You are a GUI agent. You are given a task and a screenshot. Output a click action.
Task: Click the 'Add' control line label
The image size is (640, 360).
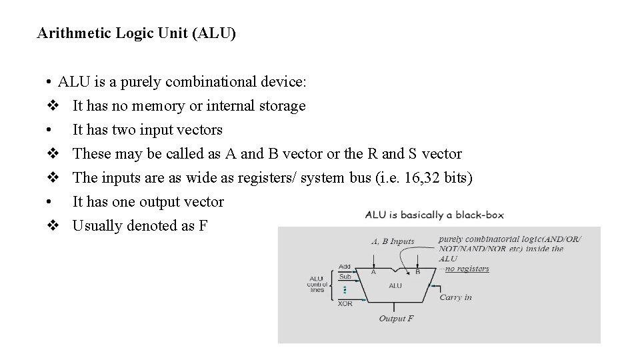[345, 267]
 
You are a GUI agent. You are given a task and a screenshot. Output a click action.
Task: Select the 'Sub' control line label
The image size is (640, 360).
[345, 277]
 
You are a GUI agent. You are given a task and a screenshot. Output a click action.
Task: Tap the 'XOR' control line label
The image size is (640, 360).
[345, 304]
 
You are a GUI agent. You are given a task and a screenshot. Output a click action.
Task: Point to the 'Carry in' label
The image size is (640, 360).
[455, 297]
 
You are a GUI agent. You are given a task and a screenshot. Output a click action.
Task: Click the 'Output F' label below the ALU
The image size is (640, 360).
[396, 319]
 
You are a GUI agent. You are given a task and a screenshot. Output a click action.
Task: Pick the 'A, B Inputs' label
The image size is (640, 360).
[393, 241]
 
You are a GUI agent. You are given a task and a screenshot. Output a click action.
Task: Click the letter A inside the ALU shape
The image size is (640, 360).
[373, 271]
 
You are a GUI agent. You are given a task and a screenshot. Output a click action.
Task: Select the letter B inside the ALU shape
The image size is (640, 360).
[417, 271]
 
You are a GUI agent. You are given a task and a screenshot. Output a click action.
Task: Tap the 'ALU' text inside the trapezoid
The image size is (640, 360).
[395, 285]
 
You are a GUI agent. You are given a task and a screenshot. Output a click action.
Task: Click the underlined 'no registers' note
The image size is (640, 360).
[467, 269]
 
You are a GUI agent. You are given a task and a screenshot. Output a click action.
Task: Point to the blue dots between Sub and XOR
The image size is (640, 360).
[345, 290]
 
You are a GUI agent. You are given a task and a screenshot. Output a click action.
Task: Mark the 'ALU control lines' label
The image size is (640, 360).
[317, 284]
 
